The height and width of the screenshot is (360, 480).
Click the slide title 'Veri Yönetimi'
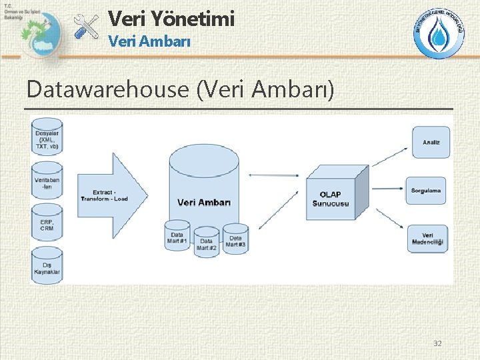[171, 19]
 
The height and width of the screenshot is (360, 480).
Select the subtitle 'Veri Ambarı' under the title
[149, 41]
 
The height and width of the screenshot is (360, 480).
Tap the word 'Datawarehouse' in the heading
[109, 89]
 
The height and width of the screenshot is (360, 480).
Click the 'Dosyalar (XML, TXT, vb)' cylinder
[47, 137]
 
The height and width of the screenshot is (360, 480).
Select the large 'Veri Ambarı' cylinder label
[204, 202]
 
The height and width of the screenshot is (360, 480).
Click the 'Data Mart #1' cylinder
[177, 235]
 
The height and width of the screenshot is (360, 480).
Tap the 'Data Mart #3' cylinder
[235, 239]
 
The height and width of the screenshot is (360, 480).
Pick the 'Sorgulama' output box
[427, 191]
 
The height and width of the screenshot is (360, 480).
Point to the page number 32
[437, 343]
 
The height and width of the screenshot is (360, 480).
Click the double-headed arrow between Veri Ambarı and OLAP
[273, 175]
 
